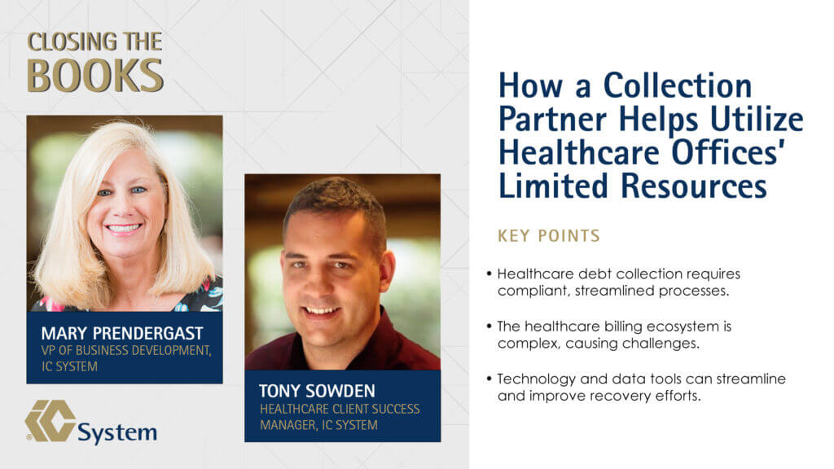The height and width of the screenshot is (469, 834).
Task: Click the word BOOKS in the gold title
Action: point(95,76)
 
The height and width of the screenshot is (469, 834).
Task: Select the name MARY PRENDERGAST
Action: point(122,333)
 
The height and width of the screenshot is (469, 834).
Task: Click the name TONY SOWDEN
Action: point(317,392)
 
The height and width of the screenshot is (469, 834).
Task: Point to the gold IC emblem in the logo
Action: point(50,421)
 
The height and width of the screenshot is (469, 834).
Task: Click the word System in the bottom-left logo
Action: point(117,433)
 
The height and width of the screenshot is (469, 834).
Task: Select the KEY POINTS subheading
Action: point(549,235)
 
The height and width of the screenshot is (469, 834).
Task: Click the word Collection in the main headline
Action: point(678,85)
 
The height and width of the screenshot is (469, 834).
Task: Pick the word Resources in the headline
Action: point(694,186)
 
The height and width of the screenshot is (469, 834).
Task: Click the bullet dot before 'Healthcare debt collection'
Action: point(489,274)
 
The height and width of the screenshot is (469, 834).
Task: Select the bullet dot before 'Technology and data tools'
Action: point(489,379)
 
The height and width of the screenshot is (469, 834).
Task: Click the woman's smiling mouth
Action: point(124,229)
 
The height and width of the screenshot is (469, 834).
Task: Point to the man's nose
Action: point(318,282)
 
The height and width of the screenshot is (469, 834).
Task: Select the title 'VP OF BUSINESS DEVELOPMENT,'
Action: point(126,350)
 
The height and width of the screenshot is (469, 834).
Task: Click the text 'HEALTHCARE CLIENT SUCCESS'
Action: point(340,409)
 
